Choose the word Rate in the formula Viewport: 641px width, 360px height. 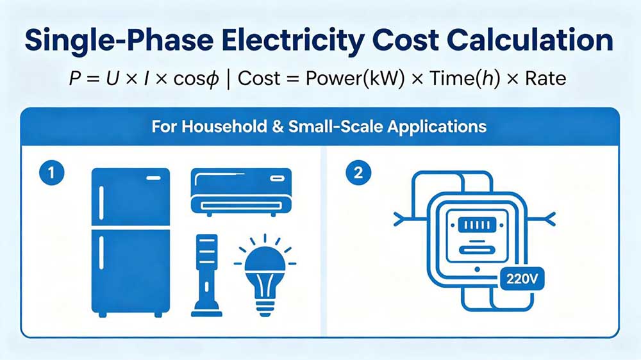point(545,79)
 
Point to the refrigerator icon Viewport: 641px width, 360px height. point(131,241)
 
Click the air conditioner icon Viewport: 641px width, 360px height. point(241,190)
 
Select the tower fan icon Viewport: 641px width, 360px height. point(206,275)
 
